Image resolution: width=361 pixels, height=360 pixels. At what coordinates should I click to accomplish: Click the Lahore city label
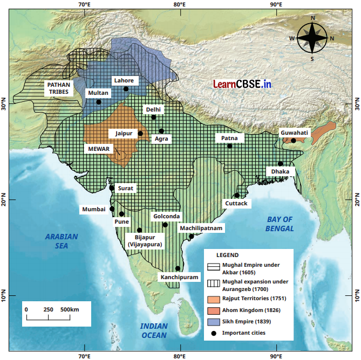coord(122,81)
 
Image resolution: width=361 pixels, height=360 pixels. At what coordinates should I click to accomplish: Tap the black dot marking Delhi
coord(154,117)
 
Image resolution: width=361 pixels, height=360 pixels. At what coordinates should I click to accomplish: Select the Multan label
coord(98,93)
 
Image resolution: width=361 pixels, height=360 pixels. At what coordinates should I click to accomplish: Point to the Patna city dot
coord(230,146)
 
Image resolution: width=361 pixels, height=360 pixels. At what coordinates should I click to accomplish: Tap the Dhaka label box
coord(280,172)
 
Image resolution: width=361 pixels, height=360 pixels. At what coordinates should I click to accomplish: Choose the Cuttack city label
coord(236,204)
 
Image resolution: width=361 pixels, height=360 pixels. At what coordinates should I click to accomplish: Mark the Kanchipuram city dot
coord(178,268)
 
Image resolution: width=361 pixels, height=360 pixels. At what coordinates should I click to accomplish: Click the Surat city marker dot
coord(112,188)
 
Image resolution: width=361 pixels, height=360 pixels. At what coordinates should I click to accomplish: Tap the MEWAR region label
coord(99,148)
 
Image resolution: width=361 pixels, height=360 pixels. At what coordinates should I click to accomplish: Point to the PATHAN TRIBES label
coord(58,89)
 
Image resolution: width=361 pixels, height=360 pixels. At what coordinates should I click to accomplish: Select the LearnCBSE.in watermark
coord(242,84)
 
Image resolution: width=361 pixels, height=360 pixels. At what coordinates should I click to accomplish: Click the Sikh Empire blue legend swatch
coord(214,321)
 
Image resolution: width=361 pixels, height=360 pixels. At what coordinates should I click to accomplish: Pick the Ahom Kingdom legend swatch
coord(214,310)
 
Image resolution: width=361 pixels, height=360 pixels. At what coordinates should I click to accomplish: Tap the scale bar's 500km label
coord(70,309)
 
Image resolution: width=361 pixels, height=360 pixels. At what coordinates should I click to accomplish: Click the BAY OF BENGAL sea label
coord(280,224)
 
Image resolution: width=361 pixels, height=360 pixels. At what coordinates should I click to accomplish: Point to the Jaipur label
coord(124,133)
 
